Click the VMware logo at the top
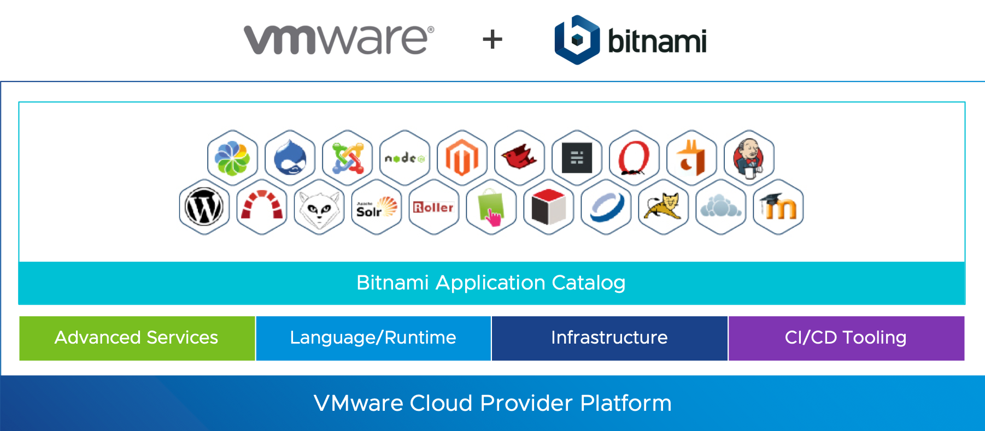click(x=339, y=40)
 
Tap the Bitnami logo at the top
click(x=630, y=40)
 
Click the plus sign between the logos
click(x=492, y=40)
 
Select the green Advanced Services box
click(x=137, y=338)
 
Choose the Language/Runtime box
click(x=373, y=338)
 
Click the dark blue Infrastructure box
click(x=609, y=338)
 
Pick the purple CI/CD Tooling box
click(x=846, y=338)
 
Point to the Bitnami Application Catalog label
click(x=491, y=283)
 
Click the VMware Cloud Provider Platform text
click(x=492, y=403)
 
